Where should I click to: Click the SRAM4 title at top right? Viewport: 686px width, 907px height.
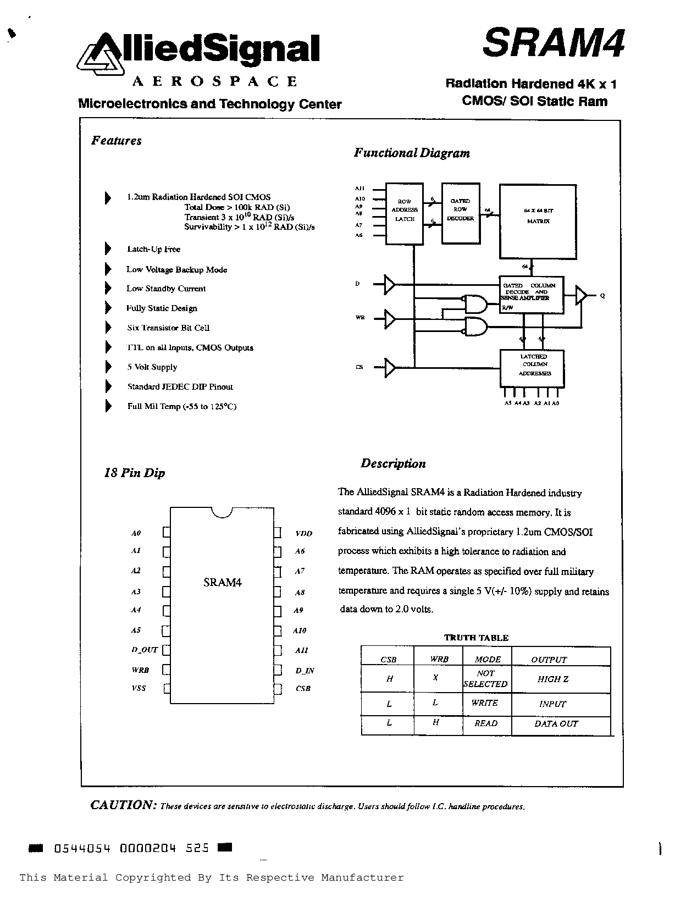pos(554,43)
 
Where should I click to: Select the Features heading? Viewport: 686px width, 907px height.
pos(116,141)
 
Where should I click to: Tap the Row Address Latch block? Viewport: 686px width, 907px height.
pos(404,213)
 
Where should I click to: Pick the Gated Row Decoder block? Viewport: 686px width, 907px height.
pos(460,213)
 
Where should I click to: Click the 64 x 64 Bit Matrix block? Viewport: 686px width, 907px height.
pos(537,220)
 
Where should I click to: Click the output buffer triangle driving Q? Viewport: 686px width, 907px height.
pos(581,295)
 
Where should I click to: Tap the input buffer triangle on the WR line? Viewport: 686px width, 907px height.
pos(389,318)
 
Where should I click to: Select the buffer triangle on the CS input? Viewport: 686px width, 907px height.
pos(389,367)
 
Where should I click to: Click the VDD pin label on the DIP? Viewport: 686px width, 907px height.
pos(303,533)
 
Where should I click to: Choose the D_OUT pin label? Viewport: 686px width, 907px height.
pos(145,650)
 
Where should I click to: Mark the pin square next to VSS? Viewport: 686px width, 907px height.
pos(167,689)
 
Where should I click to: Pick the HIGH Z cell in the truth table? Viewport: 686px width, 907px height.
pos(552,679)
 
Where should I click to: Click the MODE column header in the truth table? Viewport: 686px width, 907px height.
pos(488,659)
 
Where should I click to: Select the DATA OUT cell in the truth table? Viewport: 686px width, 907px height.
pos(556,724)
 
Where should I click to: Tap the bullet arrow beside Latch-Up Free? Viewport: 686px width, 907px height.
pos(108,249)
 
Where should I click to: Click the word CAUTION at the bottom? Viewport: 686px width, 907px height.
pos(123,805)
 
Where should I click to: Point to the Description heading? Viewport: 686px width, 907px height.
pos(393,463)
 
